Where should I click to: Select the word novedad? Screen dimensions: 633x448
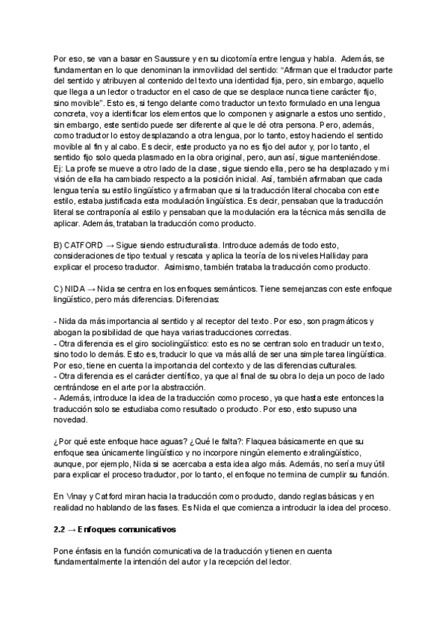pos(72,421)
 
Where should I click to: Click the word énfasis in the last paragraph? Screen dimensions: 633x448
pos(90,552)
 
